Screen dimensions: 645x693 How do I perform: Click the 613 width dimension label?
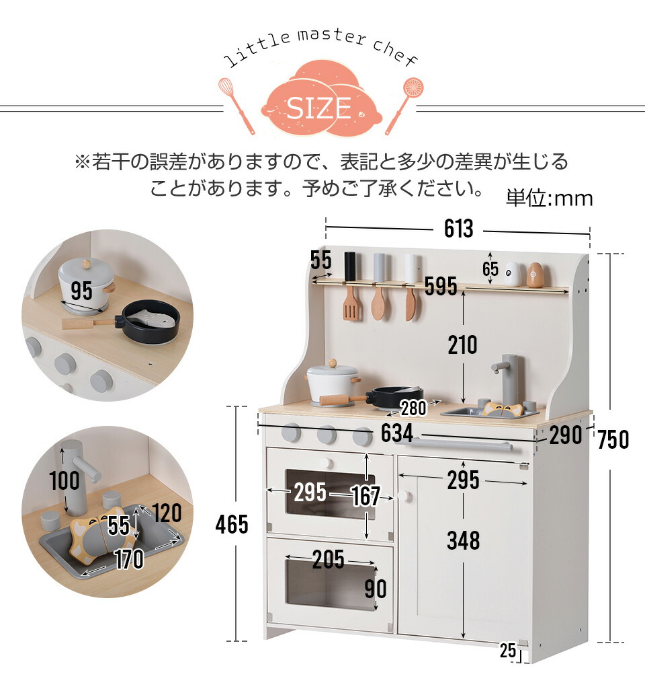[458, 229]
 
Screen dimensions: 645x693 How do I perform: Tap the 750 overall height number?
[613, 439]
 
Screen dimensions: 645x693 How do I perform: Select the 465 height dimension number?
[232, 525]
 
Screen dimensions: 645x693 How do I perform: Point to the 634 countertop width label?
[397, 433]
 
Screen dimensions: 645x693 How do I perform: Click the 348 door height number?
[463, 540]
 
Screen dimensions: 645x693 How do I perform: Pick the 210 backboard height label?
[463, 345]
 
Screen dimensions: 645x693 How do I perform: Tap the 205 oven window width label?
[328, 560]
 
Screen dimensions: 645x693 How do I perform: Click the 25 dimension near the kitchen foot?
[508, 651]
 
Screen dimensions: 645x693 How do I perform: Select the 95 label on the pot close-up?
[82, 291]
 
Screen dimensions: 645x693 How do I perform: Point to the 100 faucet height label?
[64, 481]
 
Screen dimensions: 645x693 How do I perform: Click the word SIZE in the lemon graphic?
[318, 108]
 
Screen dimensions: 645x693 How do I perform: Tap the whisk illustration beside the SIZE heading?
[236, 106]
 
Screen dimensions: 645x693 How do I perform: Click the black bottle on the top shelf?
[350, 266]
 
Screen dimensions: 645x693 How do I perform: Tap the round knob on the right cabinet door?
[404, 496]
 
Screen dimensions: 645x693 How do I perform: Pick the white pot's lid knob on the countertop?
[333, 363]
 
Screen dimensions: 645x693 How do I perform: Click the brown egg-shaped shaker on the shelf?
[535, 275]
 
